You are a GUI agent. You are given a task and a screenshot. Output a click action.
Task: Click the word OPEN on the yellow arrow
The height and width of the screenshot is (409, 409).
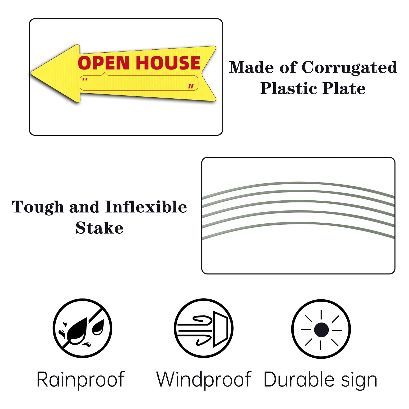[x=104, y=63]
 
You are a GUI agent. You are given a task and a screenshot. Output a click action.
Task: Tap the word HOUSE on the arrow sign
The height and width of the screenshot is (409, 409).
[x=168, y=63]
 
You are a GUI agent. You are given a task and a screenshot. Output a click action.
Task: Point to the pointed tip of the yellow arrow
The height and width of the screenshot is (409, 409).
[x=32, y=73]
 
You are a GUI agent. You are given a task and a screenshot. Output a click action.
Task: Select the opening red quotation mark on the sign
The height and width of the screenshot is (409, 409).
[x=85, y=79]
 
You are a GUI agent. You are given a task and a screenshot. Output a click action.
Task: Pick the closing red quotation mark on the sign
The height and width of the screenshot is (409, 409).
[x=191, y=86]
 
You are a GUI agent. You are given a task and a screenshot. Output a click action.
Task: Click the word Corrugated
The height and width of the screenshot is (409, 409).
[x=349, y=68]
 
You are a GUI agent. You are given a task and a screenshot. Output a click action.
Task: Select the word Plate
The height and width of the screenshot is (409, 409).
[x=344, y=89]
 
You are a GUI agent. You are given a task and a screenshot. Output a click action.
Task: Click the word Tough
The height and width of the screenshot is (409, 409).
[x=38, y=207]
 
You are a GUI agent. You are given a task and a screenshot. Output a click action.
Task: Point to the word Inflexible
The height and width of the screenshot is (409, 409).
[x=146, y=207]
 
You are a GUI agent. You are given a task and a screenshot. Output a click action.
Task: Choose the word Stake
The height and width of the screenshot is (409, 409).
[x=99, y=228]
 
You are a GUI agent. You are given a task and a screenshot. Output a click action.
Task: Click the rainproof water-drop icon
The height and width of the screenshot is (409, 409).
[x=82, y=328]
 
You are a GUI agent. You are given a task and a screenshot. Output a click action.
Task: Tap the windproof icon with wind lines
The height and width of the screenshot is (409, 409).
[x=203, y=328]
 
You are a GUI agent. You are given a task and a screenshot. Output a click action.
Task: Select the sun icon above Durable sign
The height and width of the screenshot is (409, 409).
[x=321, y=329]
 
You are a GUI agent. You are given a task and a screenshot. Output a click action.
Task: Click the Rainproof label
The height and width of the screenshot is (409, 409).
[x=81, y=380]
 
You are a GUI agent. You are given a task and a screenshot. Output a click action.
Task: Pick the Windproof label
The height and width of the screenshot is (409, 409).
[x=203, y=380]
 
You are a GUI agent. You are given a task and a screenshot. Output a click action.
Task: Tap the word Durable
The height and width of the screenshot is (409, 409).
[x=299, y=380]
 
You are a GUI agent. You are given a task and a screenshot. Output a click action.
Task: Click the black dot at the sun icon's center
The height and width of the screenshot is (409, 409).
[x=321, y=330]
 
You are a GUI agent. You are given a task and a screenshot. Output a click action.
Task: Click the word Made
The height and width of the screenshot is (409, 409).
[x=251, y=68]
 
